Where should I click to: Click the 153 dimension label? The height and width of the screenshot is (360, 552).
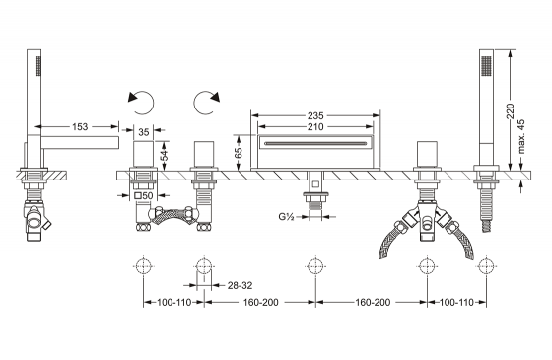point(80,127)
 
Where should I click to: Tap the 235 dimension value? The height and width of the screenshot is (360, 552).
point(315,115)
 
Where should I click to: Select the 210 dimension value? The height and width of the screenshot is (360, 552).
point(315,127)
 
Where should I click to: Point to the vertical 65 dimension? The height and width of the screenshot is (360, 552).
point(239,153)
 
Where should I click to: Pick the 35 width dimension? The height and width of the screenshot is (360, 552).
point(144,132)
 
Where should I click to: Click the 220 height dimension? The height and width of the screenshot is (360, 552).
point(511,110)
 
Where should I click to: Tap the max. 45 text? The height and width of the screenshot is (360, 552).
point(521,137)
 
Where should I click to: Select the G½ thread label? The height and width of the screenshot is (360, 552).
point(286,216)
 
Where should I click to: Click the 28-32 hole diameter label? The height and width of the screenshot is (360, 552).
point(240,285)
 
